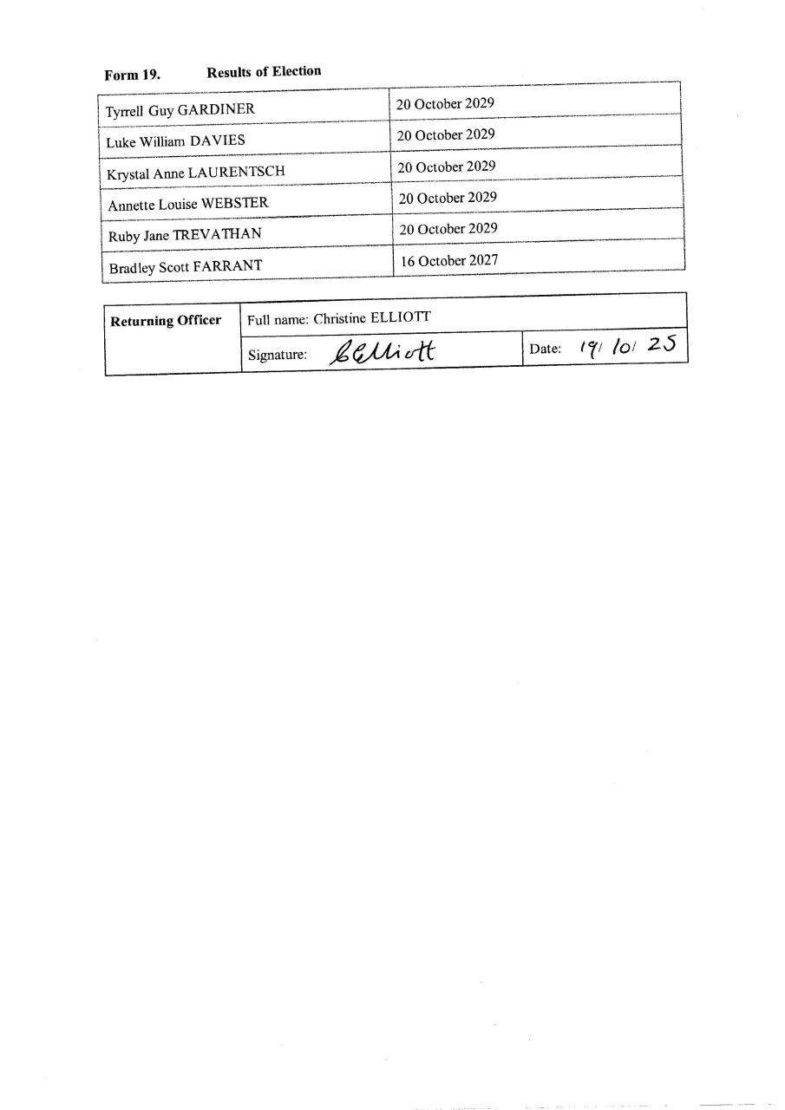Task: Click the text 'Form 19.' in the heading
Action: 132,75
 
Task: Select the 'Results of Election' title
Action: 264,71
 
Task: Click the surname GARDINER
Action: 216,110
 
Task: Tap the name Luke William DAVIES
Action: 175,140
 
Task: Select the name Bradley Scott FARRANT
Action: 186,266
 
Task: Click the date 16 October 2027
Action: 448,260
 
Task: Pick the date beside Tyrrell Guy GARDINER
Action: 445,103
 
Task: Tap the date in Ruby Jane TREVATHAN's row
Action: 447,229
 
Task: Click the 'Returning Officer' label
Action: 166,320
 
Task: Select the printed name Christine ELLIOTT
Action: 372,318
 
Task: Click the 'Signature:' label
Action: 278,354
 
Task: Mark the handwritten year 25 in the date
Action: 661,344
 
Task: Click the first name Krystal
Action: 128,173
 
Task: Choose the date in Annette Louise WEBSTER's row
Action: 448,198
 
